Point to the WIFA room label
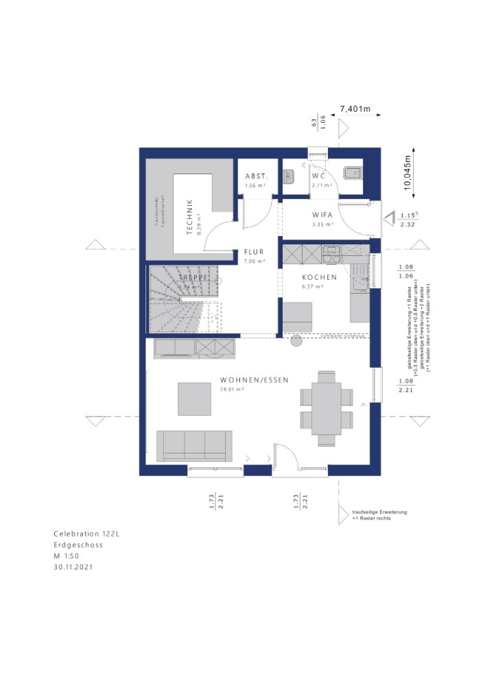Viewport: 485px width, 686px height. [322, 214]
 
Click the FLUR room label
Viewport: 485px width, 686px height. [254, 252]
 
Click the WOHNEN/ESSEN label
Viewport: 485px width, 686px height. [255, 380]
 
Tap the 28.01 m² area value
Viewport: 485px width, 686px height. [232, 389]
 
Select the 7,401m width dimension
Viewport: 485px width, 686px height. [356, 109]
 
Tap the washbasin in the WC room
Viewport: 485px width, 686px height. [288, 177]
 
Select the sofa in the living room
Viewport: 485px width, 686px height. [194, 445]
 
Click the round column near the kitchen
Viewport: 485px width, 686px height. [296, 341]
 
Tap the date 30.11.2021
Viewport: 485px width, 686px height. [73, 567]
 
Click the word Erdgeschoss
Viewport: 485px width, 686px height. [78, 545]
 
